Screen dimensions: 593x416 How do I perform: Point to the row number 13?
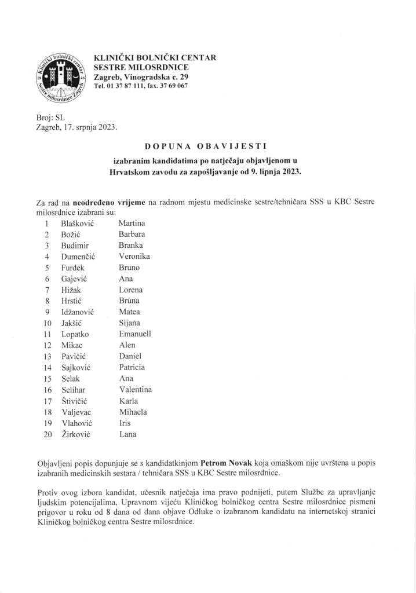(x=48, y=356)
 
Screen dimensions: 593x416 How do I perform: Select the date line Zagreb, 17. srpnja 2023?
(x=76, y=127)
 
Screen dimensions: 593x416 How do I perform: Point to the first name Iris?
(x=125, y=423)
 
